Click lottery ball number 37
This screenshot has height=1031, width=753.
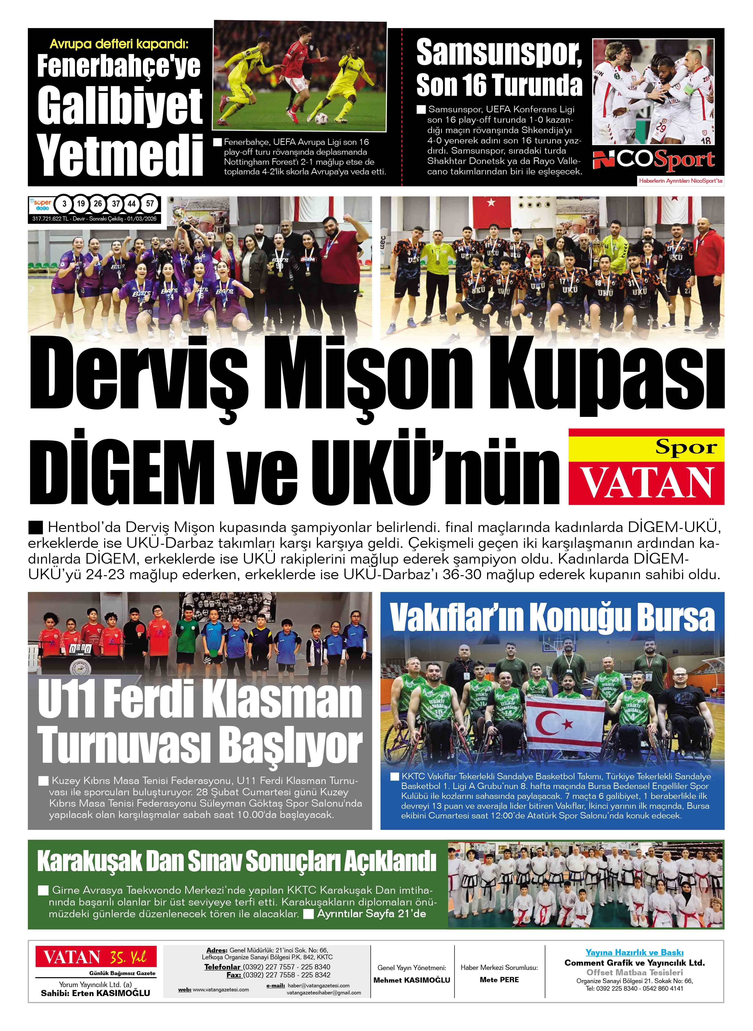pos(116,204)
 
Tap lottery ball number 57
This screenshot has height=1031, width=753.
pos(150,204)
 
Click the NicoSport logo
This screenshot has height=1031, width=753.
pos(653,160)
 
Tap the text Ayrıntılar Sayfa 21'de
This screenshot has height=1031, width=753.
pos(371,914)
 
